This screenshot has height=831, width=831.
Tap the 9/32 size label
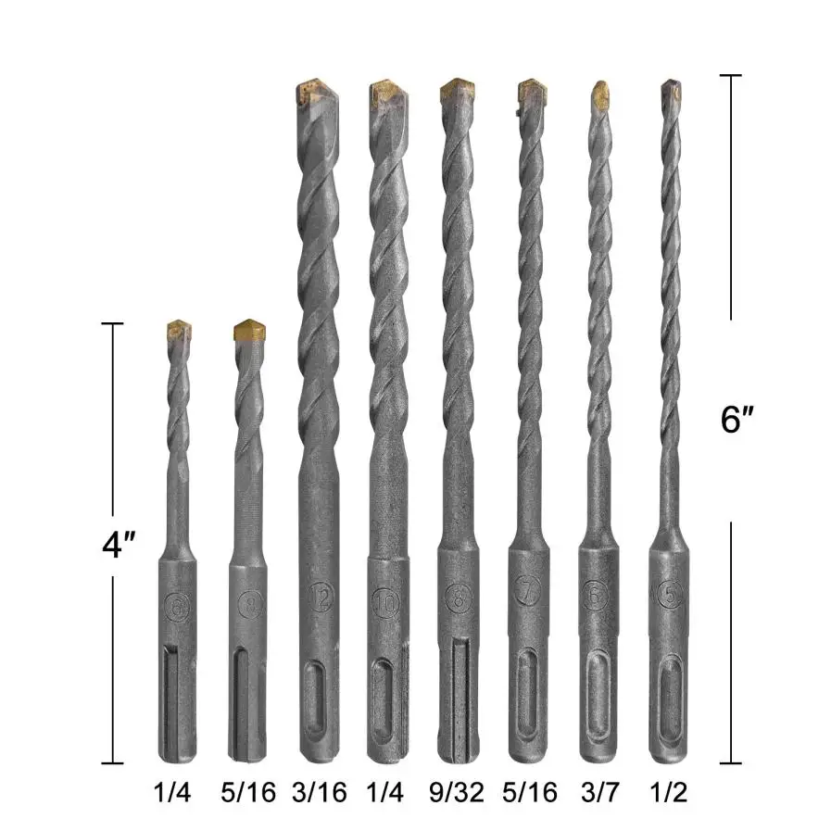coord(458,792)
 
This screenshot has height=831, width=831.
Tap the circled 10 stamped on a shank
coord(387,602)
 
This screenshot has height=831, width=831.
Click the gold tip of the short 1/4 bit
coord(178,330)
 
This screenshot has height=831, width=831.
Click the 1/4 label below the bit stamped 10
coord(387,792)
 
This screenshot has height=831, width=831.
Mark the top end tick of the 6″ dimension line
coord(731,76)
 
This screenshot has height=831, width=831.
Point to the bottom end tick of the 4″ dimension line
coord(112,763)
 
